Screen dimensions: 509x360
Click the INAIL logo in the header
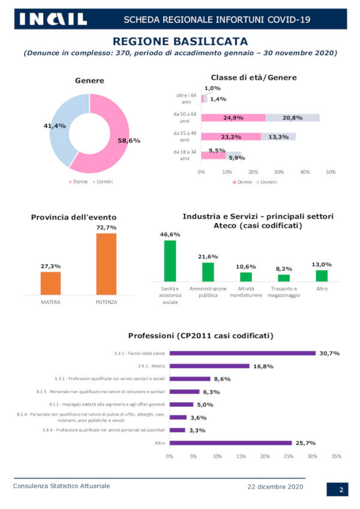pos(53,19)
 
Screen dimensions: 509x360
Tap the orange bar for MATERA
pos(50,282)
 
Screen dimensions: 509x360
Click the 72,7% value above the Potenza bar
pos(106,228)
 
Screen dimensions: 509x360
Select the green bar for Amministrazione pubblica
pos(208,272)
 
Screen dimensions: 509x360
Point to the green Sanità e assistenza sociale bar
pos(170,261)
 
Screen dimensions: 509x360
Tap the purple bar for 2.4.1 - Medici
pos(209,366)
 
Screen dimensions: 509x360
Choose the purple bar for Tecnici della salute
pos(242,353)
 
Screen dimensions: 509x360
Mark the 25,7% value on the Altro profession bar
pos(304,443)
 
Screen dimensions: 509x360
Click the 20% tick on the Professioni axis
pos(265,456)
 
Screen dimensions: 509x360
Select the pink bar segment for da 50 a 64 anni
pos(233,118)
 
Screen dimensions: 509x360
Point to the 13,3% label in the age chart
pos(279,137)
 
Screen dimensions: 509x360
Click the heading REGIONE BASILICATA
pos(180,41)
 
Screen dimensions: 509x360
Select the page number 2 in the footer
pos(340,490)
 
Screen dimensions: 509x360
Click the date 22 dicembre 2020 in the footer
pos(276,486)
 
